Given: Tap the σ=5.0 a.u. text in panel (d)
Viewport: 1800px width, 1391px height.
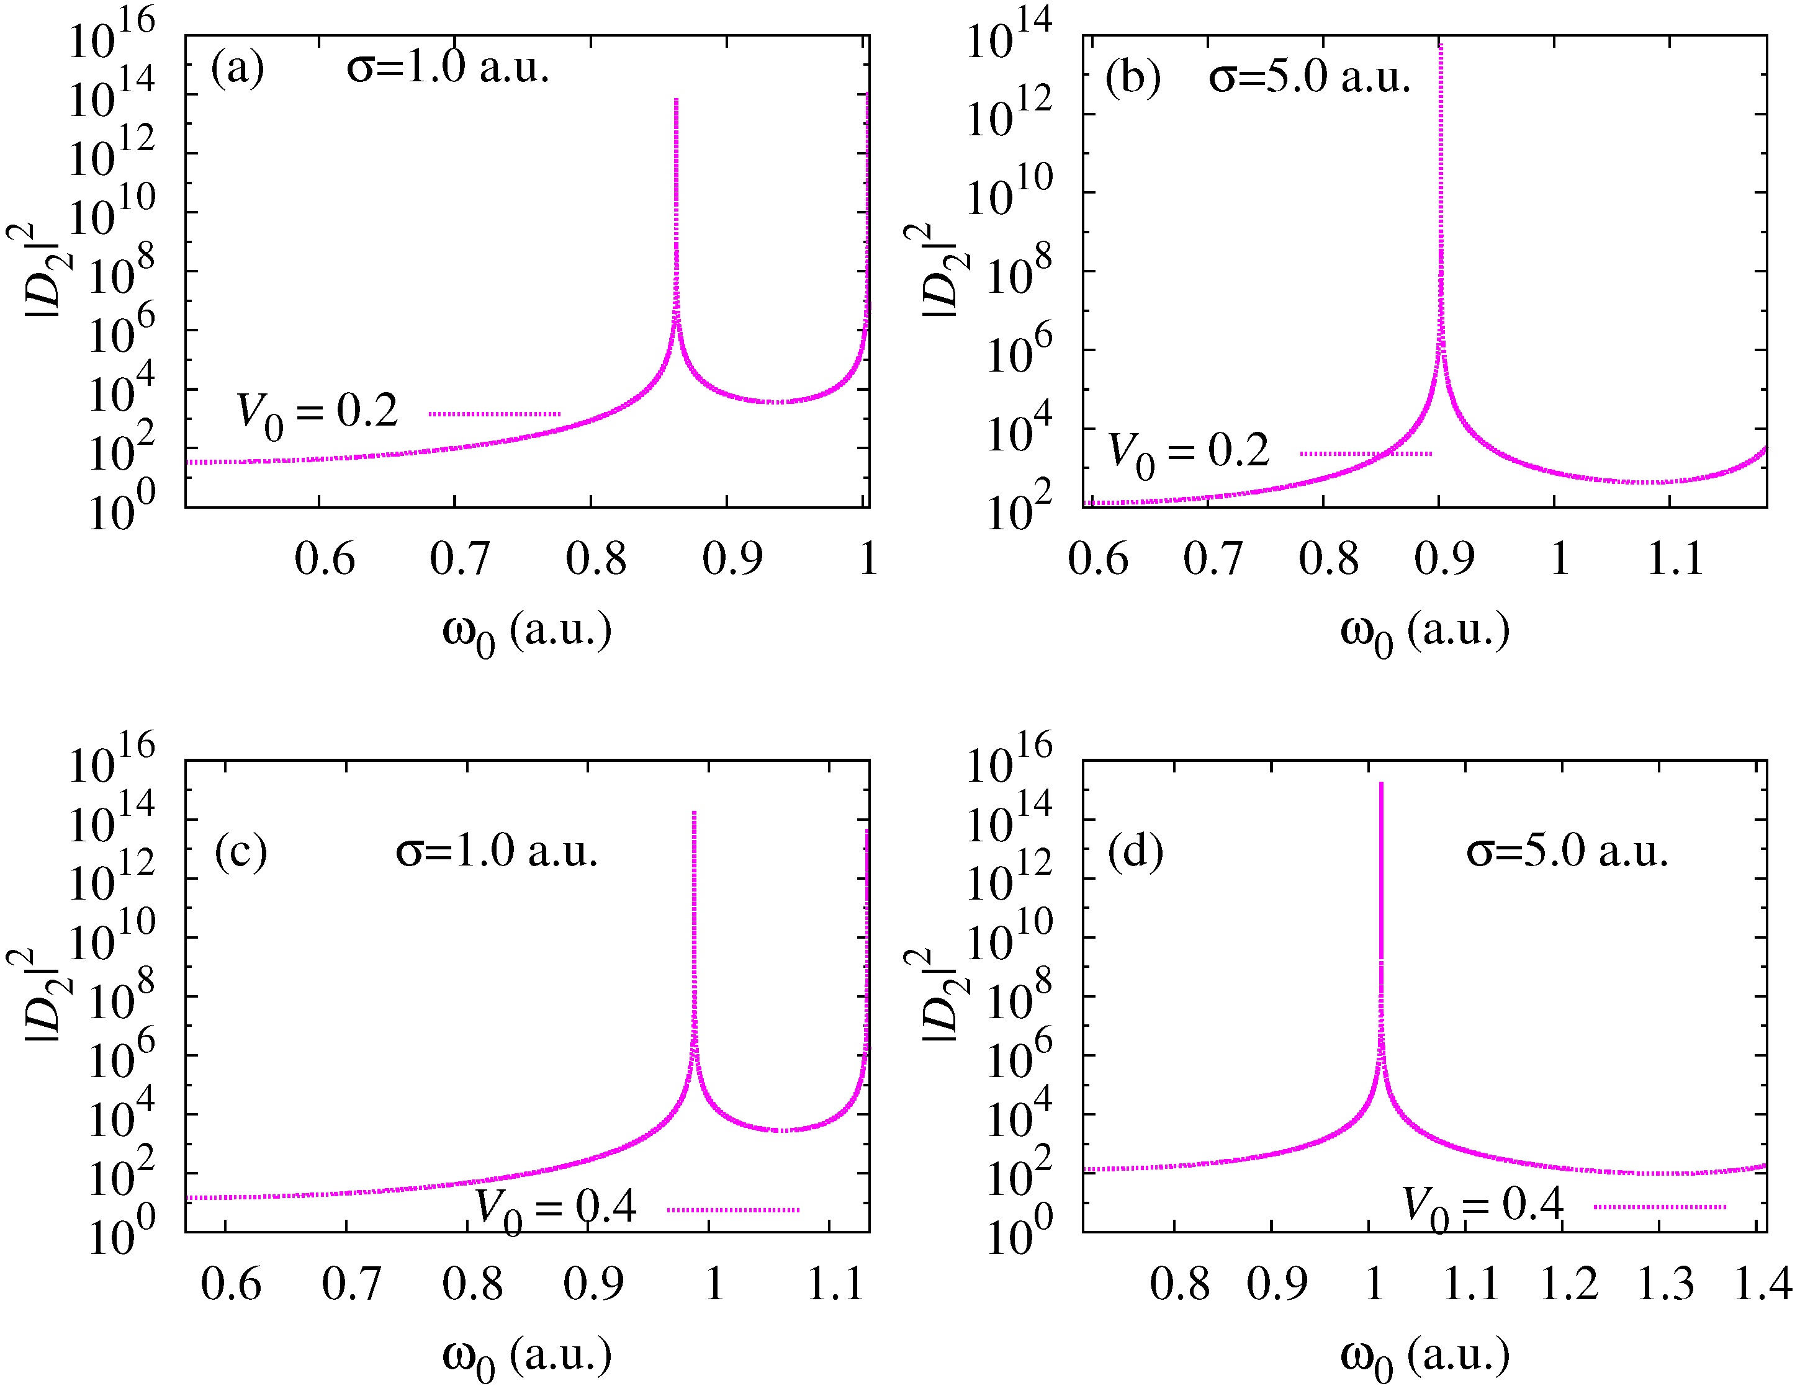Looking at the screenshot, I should [1567, 851].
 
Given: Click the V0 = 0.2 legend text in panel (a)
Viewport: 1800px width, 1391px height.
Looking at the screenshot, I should [317, 414].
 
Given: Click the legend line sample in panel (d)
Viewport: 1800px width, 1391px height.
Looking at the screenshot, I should [1659, 1206].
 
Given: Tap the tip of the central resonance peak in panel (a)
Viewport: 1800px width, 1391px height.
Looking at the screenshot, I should [676, 101].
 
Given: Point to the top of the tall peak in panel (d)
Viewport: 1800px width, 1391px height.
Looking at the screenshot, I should [1381, 784].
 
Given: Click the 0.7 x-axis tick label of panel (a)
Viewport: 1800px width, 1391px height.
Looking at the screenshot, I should [460, 559].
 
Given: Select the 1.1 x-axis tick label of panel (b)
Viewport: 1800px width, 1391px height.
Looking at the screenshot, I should [1675, 559].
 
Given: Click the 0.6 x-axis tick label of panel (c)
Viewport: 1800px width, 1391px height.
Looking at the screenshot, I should [231, 1284].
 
